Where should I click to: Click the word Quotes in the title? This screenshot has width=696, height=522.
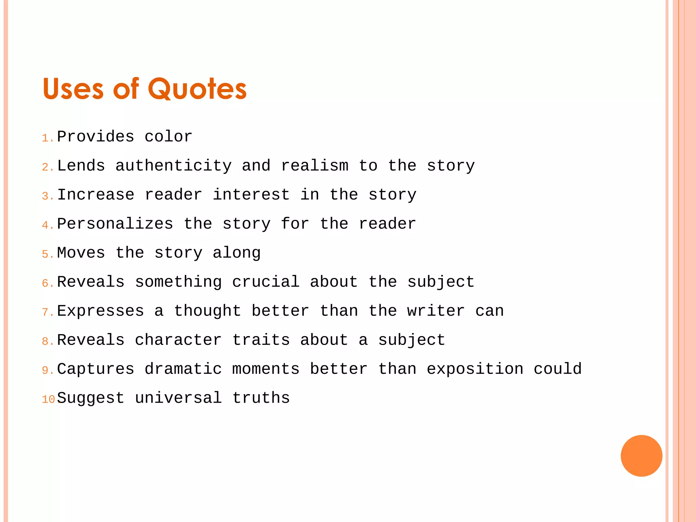point(197,89)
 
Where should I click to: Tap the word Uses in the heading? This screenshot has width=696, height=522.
point(73,89)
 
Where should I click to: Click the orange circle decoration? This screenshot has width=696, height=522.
point(641,456)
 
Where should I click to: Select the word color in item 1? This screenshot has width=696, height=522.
point(169,137)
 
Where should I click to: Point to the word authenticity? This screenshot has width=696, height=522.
point(173,166)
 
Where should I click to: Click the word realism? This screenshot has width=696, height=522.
point(315,166)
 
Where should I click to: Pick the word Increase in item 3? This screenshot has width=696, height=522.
point(96,195)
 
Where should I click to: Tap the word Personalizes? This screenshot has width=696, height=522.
point(115,224)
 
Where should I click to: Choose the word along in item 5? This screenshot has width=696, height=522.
point(237,253)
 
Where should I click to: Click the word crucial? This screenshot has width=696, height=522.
point(266,282)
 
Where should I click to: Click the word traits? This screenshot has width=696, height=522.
point(261,340)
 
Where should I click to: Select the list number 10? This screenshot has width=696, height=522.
point(48,399)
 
